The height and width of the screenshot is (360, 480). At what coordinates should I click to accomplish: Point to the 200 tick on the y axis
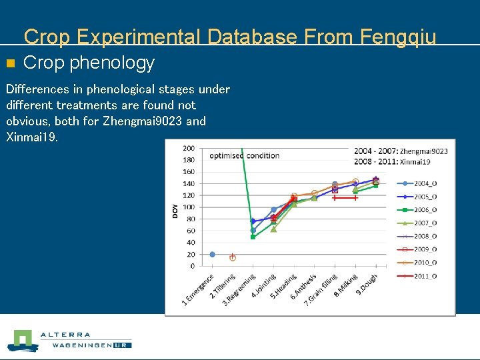point(189,148)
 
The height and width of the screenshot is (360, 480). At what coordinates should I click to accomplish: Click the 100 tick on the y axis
point(189,207)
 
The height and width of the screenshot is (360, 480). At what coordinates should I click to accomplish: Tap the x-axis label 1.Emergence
point(199,291)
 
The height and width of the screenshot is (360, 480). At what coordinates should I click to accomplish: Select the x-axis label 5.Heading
point(283,287)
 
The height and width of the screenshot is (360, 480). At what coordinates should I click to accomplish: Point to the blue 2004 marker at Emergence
point(213,254)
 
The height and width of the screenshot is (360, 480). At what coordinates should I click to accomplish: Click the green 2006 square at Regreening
point(253,237)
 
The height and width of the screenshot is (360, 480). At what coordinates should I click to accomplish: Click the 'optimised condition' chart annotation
point(245,156)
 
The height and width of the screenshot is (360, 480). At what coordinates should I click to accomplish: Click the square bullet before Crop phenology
point(9,64)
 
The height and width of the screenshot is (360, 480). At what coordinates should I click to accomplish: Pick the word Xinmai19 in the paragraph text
point(32,137)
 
